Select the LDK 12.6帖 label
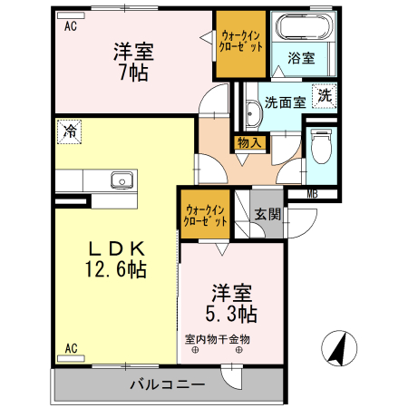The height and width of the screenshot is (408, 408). pyautogui.click(x=116, y=258)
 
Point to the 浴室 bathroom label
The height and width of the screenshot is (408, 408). pyautogui.click(x=302, y=58)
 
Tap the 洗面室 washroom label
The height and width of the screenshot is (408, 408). pyautogui.click(x=285, y=102)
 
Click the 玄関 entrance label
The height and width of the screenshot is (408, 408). pyautogui.click(x=267, y=215)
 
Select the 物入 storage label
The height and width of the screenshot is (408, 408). pyautogui.click(x=248, y=141)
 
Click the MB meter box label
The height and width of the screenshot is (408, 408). pyautogui.click(x=312, y=193)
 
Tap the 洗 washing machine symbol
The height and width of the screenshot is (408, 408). pyautogui.click(x=324, y=94)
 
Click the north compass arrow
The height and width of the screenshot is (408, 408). pyautogui.click(x=337, y=347)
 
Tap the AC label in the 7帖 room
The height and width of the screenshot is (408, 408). pyautogui.click(x=70, y=27)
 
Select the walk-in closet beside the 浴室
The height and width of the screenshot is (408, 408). pyautogui.click(x=241, y=41)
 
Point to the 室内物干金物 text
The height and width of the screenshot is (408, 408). pyautogui.click(x=218, y=340)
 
